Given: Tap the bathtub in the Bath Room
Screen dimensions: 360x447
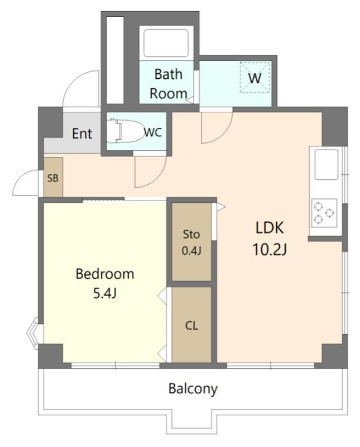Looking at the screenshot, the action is click(x=166, y=43).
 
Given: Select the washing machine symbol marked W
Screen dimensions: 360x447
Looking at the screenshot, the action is click(x=255, y=77).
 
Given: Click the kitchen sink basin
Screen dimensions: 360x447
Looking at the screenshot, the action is click(x=327, y=165).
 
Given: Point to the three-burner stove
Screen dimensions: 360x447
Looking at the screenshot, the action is click(x=324, y=213).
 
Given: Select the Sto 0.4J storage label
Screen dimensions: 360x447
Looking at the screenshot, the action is click(x=191, y=242).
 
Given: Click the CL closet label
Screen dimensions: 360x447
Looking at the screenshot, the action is click(x=191, y=325).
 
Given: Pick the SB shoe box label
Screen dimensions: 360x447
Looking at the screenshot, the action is click(x=52, y=178).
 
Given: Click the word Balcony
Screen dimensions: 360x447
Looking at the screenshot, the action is click(x=193, y=389).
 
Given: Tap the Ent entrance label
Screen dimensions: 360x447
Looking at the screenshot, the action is click(x=82, y=134).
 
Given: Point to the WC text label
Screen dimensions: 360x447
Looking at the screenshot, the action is click(x=153, y=132).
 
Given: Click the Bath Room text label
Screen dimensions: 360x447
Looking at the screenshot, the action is click(x=169, y=84).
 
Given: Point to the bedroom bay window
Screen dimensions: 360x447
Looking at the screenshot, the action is click(x=32, y=333).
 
